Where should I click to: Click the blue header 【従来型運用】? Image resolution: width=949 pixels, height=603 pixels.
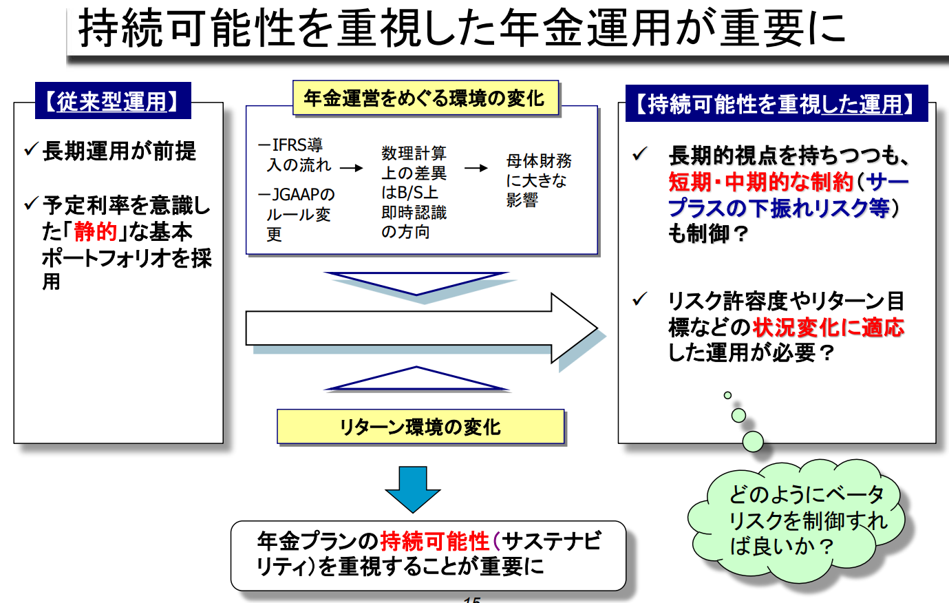coord(113,100)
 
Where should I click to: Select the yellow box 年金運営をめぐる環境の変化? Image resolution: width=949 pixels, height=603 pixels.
coord(425,98)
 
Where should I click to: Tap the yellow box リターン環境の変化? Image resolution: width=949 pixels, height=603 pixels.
coord(420,426)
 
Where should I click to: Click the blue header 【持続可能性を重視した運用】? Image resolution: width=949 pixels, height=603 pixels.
coord(776,103)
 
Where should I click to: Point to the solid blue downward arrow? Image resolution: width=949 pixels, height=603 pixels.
coord(413,489)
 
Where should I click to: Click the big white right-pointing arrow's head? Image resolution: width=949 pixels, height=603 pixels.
coord(574,328)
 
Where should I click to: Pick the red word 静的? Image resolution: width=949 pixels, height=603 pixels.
coord(96,232)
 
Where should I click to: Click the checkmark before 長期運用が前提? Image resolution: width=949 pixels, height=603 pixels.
coord(32,149)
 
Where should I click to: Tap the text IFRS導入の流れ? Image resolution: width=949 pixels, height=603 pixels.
coord(295,155)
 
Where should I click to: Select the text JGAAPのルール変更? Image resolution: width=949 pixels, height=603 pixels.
coord(297,214)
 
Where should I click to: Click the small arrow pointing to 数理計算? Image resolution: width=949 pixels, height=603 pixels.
coord(352,168)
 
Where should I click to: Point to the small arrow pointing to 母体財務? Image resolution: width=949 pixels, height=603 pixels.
coord(476,168)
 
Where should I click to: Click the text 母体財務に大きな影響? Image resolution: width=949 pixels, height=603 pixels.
coord(539,180)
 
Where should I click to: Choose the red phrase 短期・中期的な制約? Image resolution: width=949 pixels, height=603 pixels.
coord(761,182)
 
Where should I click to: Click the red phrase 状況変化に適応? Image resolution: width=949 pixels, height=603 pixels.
coord(829,327)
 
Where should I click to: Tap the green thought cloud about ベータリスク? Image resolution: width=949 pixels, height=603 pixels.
coord(796,520)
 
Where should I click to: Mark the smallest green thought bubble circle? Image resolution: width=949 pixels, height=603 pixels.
coord(727,395)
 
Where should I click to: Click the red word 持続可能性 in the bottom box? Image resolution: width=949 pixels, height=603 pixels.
coord(435,541)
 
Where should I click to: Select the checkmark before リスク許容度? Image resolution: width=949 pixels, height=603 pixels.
coord(639,299)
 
